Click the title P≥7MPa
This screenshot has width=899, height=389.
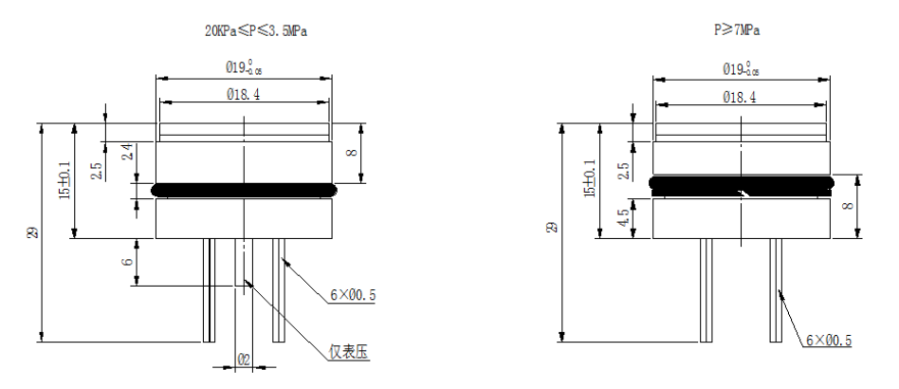click(x=737, y=31)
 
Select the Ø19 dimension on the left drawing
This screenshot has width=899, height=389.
click(x=244, y=68)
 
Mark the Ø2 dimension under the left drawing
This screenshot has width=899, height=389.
click(x=242, y=361)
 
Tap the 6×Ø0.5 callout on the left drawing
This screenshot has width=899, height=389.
click(x=353, y=296)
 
